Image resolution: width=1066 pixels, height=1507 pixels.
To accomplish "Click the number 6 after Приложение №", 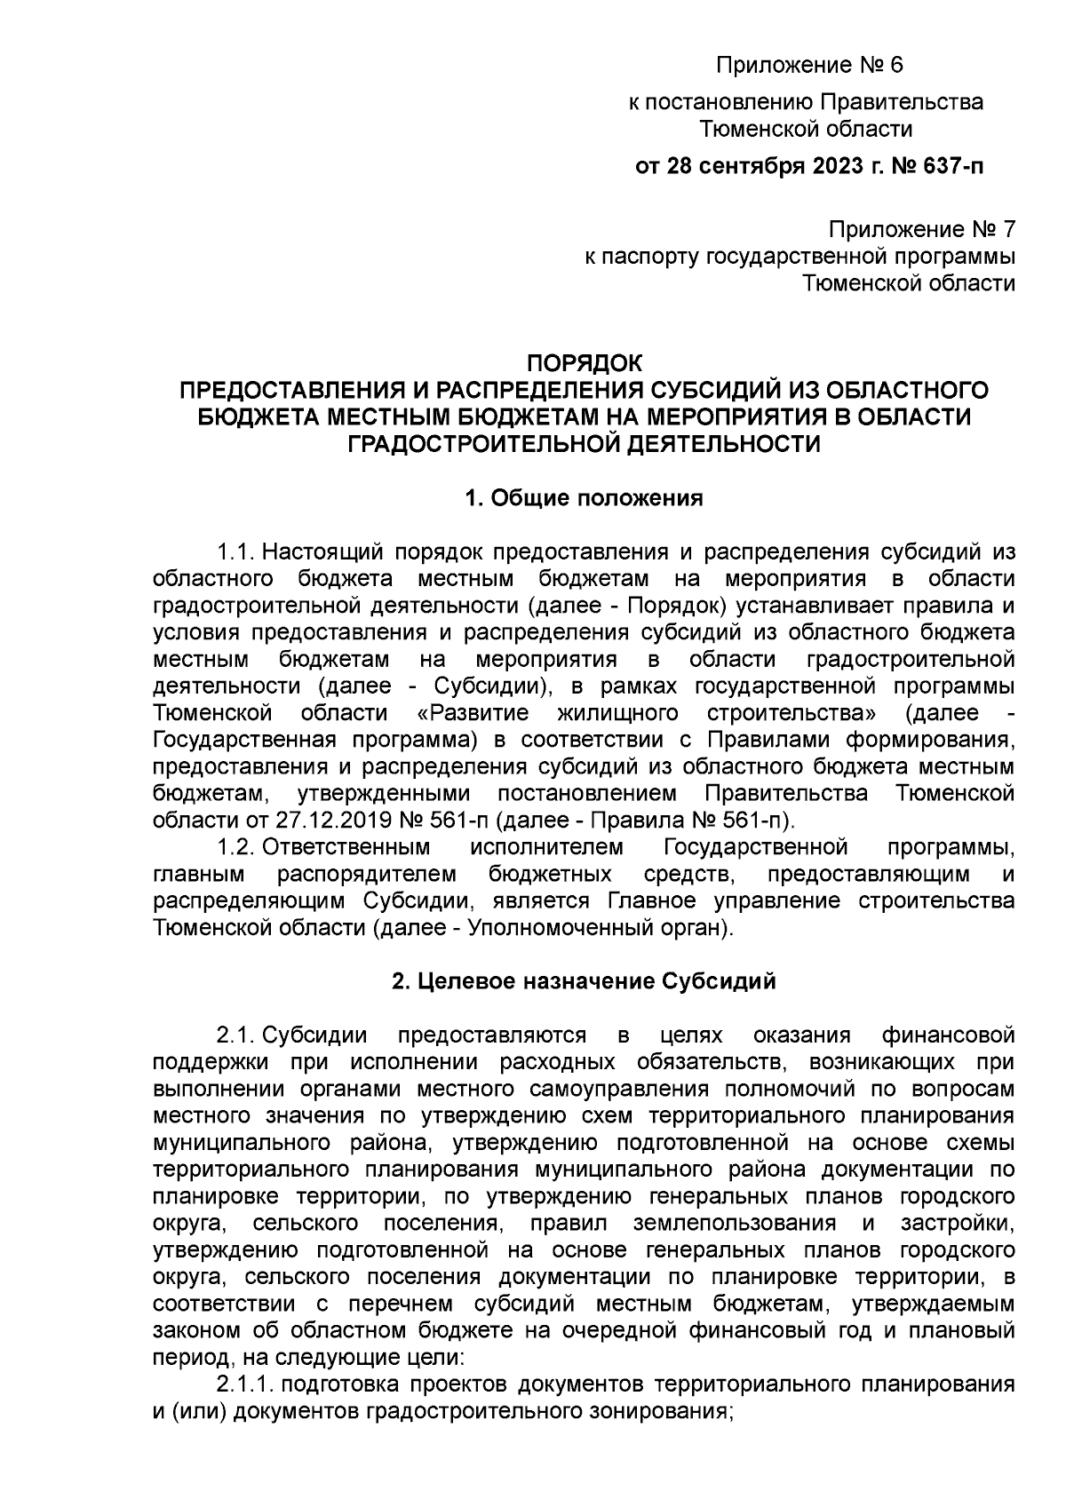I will pyautogui.click(x=894, y=65).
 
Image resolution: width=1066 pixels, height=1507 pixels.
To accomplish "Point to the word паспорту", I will pyautogui.click(x=652, y=258).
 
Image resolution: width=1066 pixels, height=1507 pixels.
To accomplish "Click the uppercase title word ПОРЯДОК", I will pyautogui.click(x=584, y=364).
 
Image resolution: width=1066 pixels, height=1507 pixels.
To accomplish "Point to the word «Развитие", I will pyautogui.click(x=473, y=712).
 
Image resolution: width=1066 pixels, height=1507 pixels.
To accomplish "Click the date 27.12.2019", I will pyautogui.click(x=322, y=818).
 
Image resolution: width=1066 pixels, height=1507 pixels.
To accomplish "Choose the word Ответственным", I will pyautogui.click(x=346, y=845).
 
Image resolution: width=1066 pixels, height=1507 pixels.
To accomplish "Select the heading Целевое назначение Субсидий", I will pyautogui.click(x=584, y=981).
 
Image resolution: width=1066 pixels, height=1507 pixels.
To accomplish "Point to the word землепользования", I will pyautogui.click(x=735, y=1223).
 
